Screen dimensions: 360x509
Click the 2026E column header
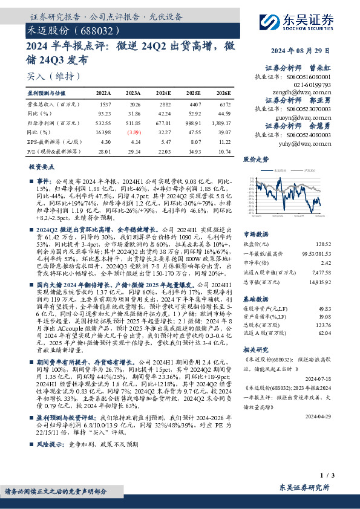tap(223, 94)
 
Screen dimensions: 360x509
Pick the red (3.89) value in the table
tap(133, 131)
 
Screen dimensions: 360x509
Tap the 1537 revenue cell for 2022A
tap(105, 104)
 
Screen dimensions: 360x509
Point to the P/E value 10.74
tap(224, 149)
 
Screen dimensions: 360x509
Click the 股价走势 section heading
tap(255, 160)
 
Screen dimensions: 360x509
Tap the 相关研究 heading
tap(255, 349)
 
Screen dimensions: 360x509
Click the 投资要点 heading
tap(42, 167)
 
